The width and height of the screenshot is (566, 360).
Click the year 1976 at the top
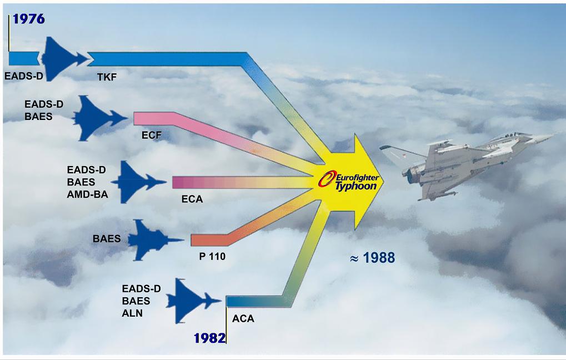[28, 19]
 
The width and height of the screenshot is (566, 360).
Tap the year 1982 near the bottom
[209, 338]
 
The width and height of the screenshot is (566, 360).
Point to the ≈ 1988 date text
[372, 258]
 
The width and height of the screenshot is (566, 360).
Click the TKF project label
[107, 77]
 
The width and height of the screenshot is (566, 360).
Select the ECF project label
[151, 135]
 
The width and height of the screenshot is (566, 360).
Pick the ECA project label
[192, 198]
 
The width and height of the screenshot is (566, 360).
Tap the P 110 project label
[212, 257]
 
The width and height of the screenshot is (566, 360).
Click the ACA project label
[243, 319]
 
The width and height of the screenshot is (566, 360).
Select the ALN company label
[132, 313]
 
